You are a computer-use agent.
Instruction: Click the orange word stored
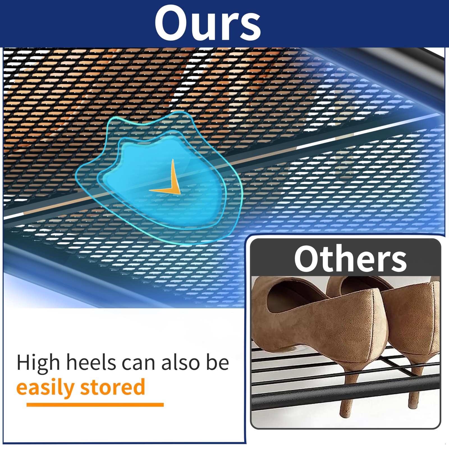tap(113, 387)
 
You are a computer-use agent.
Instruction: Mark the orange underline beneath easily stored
tap(95, 405)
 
